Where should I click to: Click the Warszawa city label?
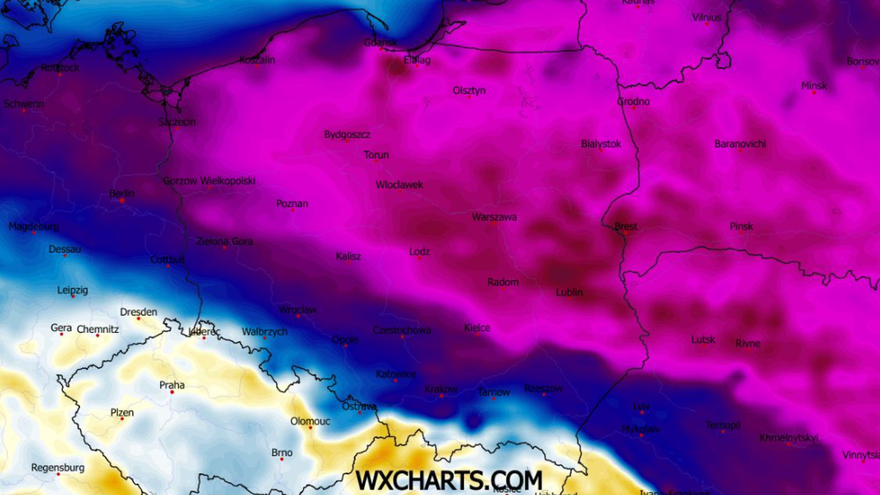tap(494, 217)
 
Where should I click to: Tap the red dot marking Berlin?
tap(122, 201)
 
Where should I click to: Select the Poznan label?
tap(292, 203)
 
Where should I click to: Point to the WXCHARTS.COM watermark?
tap(449, 480)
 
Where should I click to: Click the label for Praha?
tap(172, 385)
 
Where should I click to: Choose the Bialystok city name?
tap(601, 144)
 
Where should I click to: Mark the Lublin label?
tap(569, 292)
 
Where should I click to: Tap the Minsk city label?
tap(814, 86)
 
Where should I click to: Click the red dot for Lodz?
tap(419, 258)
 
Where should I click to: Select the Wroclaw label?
tap(298, 309)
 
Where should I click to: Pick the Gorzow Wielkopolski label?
tap(209, 180)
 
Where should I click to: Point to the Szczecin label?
tap(177, 122)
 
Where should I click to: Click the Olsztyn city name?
tap(469, 90)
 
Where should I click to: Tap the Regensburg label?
tap(58, 467)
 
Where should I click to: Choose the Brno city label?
tap(282, 452)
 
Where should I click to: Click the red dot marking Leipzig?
tap(73, 296)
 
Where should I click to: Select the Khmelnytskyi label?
tap(788, 438)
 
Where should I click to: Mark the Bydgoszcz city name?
tap(347, 134)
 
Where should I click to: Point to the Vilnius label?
tap(707, 17)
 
